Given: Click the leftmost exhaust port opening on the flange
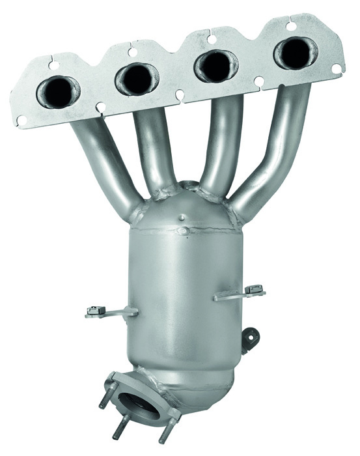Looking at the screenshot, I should click(58, 91).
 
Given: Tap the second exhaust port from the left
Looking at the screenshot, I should click(136, 78).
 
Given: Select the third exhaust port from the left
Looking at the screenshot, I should click(215, 65).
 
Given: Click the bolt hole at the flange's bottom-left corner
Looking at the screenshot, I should click(21, 120).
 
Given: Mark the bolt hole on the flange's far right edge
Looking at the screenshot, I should click(337, 68).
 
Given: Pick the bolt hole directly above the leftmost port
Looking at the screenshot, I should click(53, 65).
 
